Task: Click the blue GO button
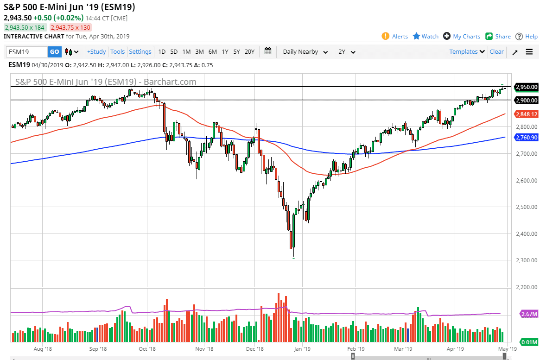pos(55,52)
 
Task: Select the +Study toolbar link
pos(96,52)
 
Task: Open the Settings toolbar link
pos(140,52)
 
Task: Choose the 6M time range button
pos(212,52)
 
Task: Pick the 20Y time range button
pos(249,52)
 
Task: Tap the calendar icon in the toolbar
pos(268,51)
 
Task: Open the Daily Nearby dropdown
pos(305,52)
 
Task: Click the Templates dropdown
pos(467,52)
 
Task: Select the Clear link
pos(496,52)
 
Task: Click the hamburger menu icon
pos(529,52)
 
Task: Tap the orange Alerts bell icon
pos(386,36)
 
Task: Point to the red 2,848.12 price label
pos(526,114)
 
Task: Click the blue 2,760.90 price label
pos(526,137)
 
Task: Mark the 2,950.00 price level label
pos(526,87)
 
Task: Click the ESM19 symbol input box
pos(27,52)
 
